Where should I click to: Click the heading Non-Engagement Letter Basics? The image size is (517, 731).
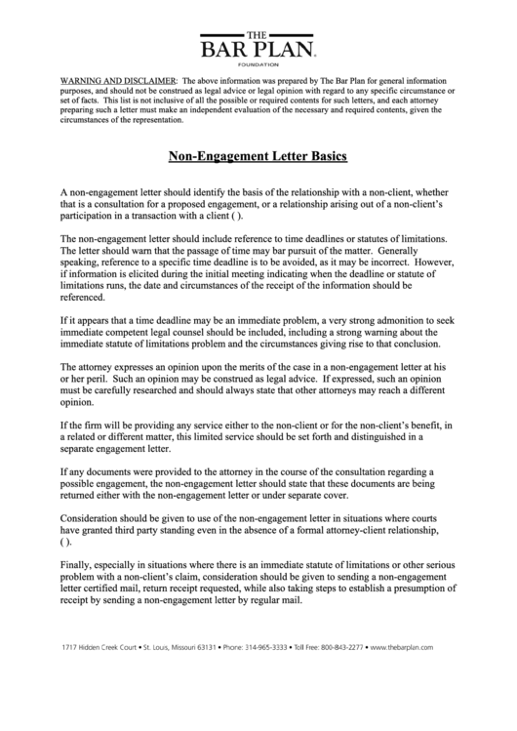(x=258, y=155)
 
